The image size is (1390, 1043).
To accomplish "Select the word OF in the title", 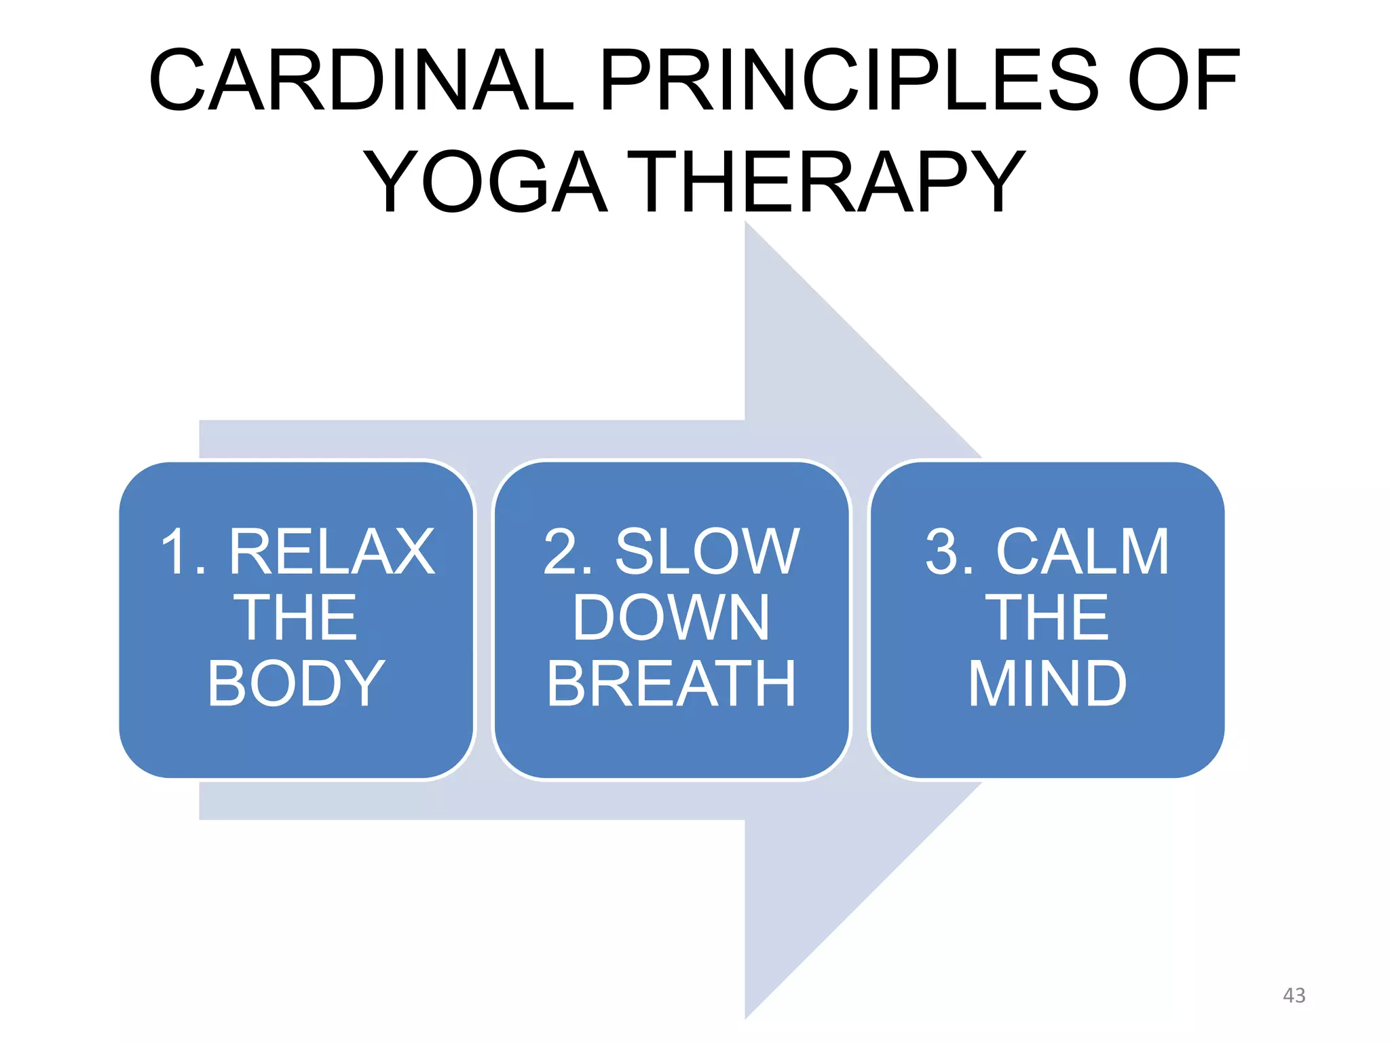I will (1183, 80).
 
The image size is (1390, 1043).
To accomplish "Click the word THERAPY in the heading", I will (825, 182).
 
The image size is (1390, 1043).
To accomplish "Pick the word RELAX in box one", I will (331, 551).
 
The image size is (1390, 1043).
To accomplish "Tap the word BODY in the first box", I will (296, 683).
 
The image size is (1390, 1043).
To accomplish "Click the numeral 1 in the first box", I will (175, 551).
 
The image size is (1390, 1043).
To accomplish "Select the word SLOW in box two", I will (707, 551).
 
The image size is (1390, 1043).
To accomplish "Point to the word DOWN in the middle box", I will (671, 617).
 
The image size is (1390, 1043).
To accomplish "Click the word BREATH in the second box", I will (671, 683).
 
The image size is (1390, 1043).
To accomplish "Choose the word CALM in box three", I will (1083, 551).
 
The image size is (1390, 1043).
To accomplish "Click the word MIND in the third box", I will (1047, 683).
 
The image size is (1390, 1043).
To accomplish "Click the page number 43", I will (1294, 995).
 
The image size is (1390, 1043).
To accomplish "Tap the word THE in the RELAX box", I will (296, 617).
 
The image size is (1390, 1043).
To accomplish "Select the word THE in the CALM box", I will (1047, 617).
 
